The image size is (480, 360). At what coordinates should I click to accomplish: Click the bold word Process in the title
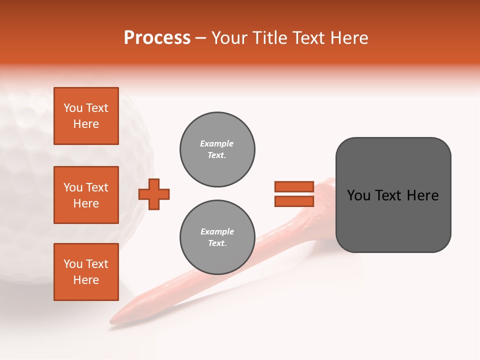click(157, 38)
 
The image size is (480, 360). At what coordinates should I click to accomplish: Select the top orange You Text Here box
click(86, 116)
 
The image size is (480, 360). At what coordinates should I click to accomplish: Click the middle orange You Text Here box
click(86, 195)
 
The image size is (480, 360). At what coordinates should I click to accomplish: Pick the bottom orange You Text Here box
click(86, 272)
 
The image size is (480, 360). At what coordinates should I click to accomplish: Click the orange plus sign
click(154, 194)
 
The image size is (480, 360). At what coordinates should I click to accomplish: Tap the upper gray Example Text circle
click(217, 149)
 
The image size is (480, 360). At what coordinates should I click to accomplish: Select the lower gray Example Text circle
click(217, 237)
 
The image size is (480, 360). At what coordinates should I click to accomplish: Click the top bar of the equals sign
click(294, 186)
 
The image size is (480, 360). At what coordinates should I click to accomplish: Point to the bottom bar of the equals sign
click(294, 201)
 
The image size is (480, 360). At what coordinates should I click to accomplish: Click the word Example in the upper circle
click(217, 143)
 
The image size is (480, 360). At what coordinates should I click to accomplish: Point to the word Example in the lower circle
click(217, 231)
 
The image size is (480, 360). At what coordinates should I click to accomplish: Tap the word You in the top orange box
click(73, 108)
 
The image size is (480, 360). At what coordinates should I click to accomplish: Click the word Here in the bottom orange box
click(86, 280)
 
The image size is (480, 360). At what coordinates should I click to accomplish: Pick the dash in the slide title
click(201, 38)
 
